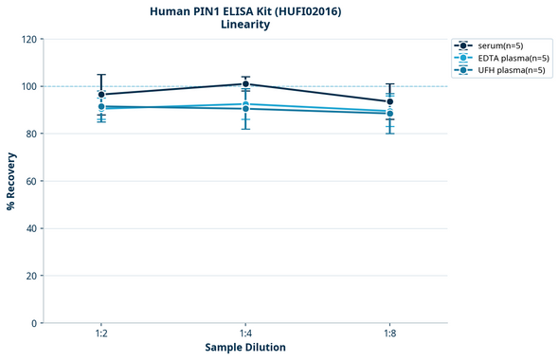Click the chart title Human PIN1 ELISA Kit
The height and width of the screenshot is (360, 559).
pos(245,10)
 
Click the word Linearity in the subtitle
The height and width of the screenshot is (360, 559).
pos(245,25)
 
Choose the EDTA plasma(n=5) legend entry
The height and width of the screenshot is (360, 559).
pos(506,58)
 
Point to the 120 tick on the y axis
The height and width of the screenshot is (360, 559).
pos(29,39)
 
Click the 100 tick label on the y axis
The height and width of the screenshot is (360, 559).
pos(29,86)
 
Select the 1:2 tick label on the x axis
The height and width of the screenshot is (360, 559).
pos(101,334)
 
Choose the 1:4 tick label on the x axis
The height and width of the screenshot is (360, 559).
pos(245,334)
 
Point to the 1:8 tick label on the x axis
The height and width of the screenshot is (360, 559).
pos(389,334)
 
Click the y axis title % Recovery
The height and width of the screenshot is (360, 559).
pos(11,181)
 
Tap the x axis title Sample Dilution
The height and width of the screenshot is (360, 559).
pos(245,348)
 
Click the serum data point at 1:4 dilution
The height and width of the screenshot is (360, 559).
pos(245,84)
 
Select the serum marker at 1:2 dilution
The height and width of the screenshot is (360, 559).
pos(101,95)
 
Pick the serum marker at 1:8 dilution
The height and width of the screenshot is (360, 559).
pos(389,101)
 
